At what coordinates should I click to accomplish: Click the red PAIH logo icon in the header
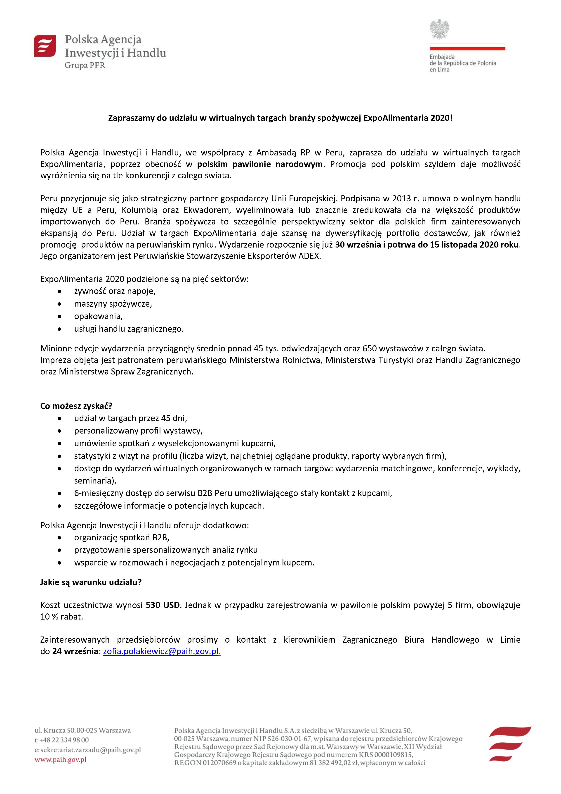pyautogui.click(x=45, y=46)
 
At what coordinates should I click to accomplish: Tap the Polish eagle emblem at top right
pyautogui.click(x=439, y=29)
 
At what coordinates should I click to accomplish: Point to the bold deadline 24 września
pyautogui.click(x=75, y=651)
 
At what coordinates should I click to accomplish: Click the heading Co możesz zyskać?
pyautogui.click(x=76, y=406)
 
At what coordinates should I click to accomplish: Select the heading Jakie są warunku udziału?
pyautogui.click(x=91, y=582)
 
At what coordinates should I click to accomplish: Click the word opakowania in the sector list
pyautogui.click(x=98, y=316)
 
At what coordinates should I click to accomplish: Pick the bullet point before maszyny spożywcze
pyautogui.click(x=60, y=304)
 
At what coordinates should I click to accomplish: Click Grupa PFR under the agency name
pyautogui.click(x=85, y=65)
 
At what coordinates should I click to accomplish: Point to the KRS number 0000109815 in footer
pyautogui.click(x=392, y=755)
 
